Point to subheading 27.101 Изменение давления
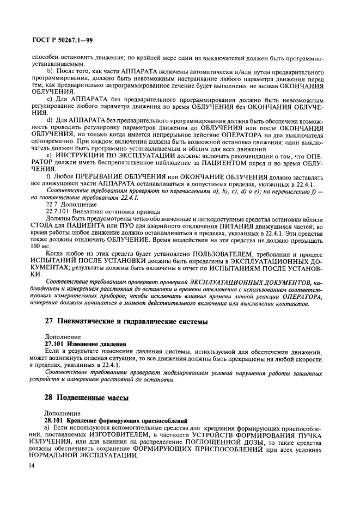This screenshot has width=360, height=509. tap(85, 345)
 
